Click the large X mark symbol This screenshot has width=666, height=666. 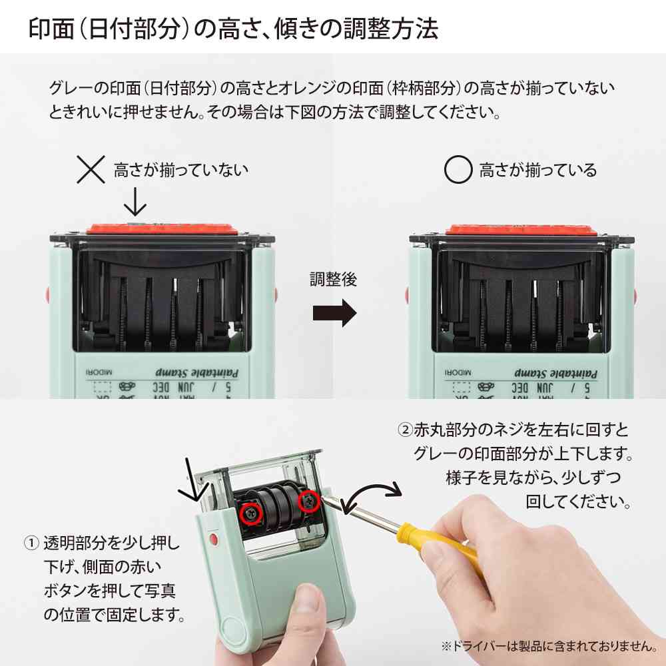click(x=91, y=170)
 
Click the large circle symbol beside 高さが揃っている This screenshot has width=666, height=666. click(x=458, y=170)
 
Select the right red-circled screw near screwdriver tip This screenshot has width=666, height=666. click(x=309, y=501)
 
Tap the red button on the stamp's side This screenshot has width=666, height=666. click(x=212, y=537)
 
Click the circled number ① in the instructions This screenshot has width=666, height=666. click(x=31, y=542)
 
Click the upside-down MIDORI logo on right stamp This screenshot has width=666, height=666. click(x=460, y=373)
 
